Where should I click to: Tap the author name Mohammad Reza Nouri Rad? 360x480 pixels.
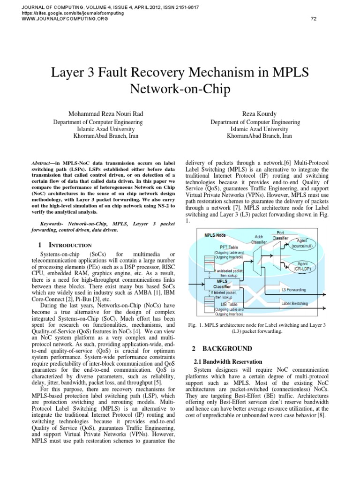(105, 113)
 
